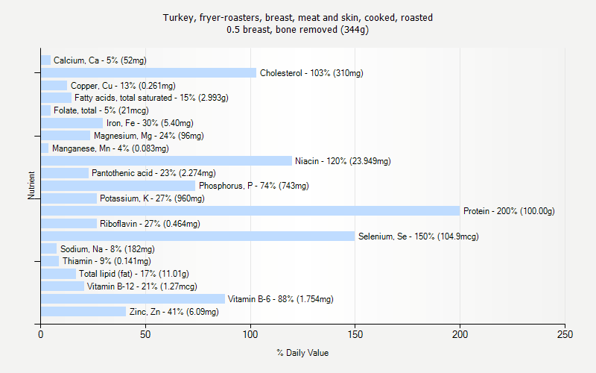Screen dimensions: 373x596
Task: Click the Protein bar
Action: pos(250,211)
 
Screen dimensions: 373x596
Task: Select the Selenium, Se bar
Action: pos(197,236)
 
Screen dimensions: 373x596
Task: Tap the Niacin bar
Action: pos(166,161)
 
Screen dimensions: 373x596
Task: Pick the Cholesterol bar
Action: pos(148,73)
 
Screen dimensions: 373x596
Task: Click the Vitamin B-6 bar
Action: pos(133,299)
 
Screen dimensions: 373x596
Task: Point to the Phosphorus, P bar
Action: pos(118,186)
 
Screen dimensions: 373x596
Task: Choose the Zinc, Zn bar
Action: pos(83,312)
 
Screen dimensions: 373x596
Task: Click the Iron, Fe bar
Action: pos(72,123)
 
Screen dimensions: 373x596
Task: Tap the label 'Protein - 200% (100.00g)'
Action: pos(509,211)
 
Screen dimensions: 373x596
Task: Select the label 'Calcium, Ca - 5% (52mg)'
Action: pos(101,60)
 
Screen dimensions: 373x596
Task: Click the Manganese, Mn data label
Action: pos(110,148)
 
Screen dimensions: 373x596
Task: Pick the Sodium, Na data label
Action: pos(107,249)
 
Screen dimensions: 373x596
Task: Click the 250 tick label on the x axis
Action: pos(565,335)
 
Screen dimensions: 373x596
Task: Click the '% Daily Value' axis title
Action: pos(302,353)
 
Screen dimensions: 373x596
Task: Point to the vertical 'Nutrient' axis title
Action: pos(32,186)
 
